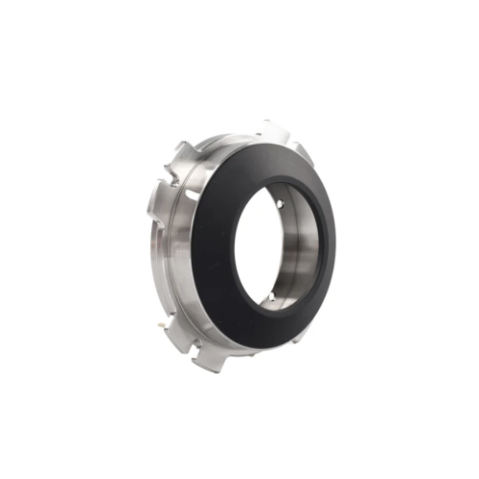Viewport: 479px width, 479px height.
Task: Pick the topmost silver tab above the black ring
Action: point(272,127)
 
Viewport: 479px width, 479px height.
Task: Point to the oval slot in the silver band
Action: point(193,195)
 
